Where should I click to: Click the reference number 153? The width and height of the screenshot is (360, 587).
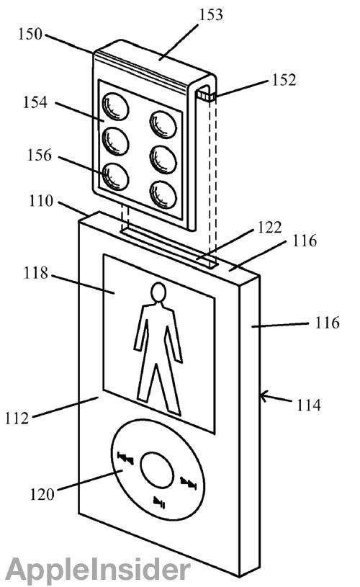click(211, 15)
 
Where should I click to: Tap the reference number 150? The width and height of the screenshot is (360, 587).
click(30, 34)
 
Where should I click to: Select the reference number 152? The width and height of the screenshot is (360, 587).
click(284, 80)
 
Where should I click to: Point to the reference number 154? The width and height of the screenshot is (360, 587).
click(35, 102)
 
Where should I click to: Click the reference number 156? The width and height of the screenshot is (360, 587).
click(39, 155)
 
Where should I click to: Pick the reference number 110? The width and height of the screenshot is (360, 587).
click(41, 201)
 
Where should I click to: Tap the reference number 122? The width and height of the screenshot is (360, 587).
click(269, 227)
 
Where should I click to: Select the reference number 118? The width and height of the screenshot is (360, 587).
click(36, 273)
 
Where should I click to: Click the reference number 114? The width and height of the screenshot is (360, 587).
click(309, 405)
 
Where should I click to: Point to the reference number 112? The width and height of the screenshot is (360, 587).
click(17, 418)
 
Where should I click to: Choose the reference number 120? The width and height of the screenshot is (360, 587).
click(42, 495)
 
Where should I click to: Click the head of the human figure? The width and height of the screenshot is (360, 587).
click(158, 292)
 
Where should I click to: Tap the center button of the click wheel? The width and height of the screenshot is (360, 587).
click(157, 470)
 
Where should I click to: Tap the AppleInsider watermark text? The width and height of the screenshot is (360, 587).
click(98, 570)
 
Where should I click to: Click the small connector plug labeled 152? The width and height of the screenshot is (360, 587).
click(206, 97)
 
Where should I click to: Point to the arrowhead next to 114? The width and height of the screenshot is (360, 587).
click(264, 396)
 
